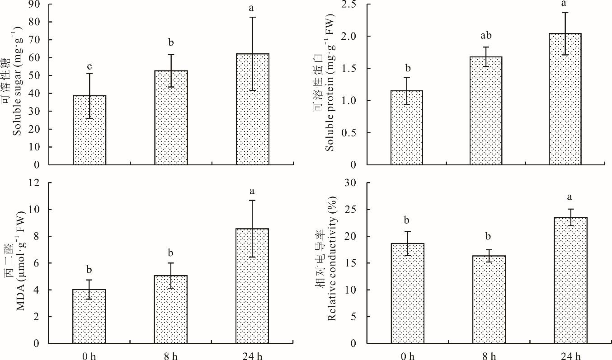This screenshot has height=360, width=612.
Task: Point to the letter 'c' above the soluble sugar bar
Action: (x=89, y=66)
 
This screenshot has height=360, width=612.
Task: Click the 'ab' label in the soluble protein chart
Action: (x=486, y=36)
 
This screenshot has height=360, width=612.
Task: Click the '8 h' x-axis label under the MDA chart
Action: (x=171, y=355)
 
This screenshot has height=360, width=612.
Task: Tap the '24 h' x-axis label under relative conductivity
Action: (x=570, y=355)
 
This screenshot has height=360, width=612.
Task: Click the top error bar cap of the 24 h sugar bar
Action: (x=252, y=17)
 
